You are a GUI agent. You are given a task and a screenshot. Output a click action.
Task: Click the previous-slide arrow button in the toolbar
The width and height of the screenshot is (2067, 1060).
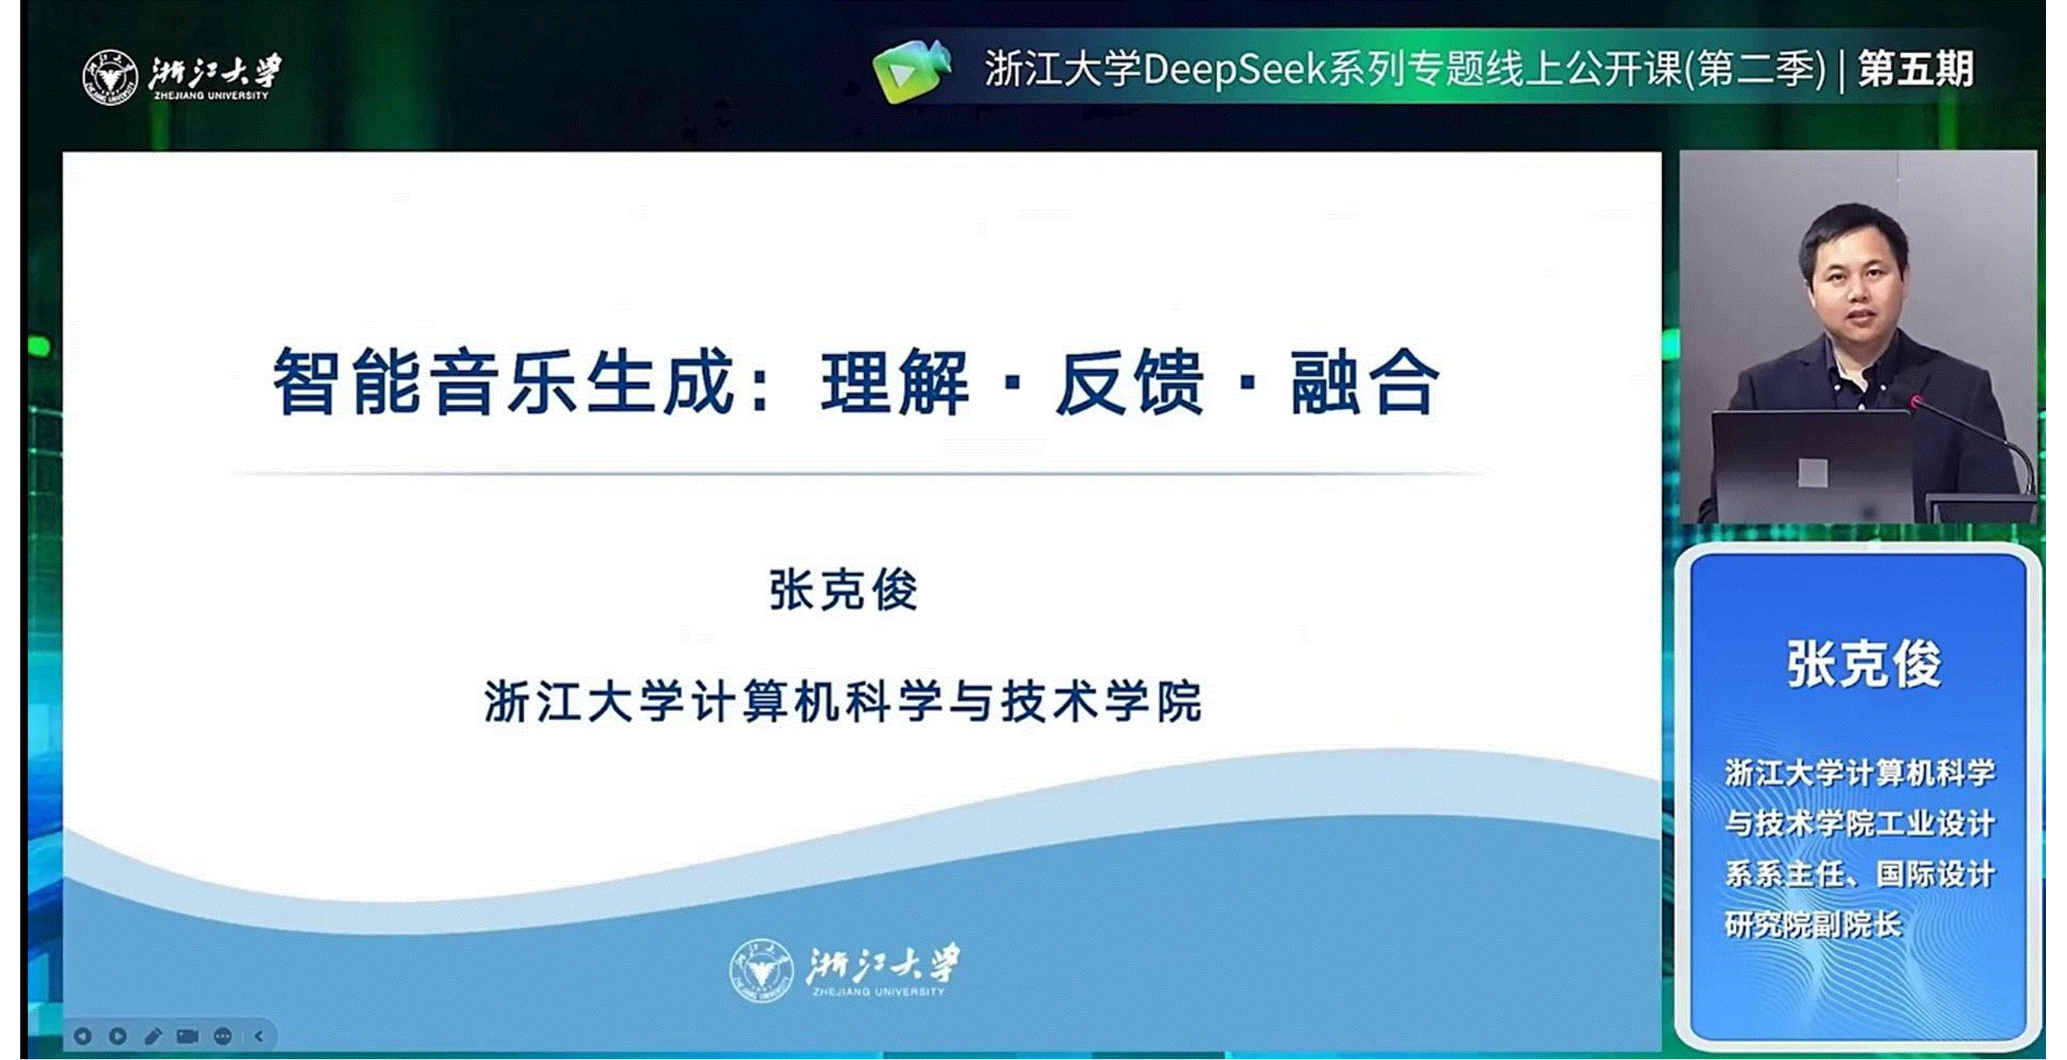pyautogui.click(x=82, y=1037)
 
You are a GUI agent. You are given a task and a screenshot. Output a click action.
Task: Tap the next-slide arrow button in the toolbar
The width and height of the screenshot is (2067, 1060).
pyautogui.click(x=117, y=1037)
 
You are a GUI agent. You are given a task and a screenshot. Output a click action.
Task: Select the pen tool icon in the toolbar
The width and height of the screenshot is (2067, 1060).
pyautogui.click(x=153, y=1037)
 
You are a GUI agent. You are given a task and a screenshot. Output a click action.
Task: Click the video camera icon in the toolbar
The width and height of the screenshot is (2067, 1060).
pyautogui.click(x=188, y=1037)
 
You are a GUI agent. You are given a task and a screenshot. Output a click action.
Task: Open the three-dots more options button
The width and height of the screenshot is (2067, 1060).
pyautogui.click(x=223, y=1037)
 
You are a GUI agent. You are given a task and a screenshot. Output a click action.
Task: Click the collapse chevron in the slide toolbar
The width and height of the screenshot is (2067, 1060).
pyautogui.click(x=258, y=1037)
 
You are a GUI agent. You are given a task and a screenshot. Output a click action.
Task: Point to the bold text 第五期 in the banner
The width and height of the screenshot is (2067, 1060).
pyautogui.click(x=1916, y=69)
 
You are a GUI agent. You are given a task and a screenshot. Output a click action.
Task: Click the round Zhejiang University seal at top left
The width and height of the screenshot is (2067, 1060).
pyautogui.click(x=110, y=77)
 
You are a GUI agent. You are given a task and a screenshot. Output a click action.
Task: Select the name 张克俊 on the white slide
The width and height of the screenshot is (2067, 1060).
pyautogui.click(x=843, y=590)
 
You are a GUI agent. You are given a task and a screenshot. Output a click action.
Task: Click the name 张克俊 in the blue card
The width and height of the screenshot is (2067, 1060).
pyautogui.click(x=1863, y=664)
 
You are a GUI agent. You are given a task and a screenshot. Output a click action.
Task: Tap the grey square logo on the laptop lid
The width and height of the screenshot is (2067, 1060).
pyautogui.click(x=1812, y=473)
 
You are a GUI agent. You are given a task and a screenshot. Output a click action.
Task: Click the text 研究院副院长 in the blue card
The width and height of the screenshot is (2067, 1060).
pyautogui.click(x=1813, y=925)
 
